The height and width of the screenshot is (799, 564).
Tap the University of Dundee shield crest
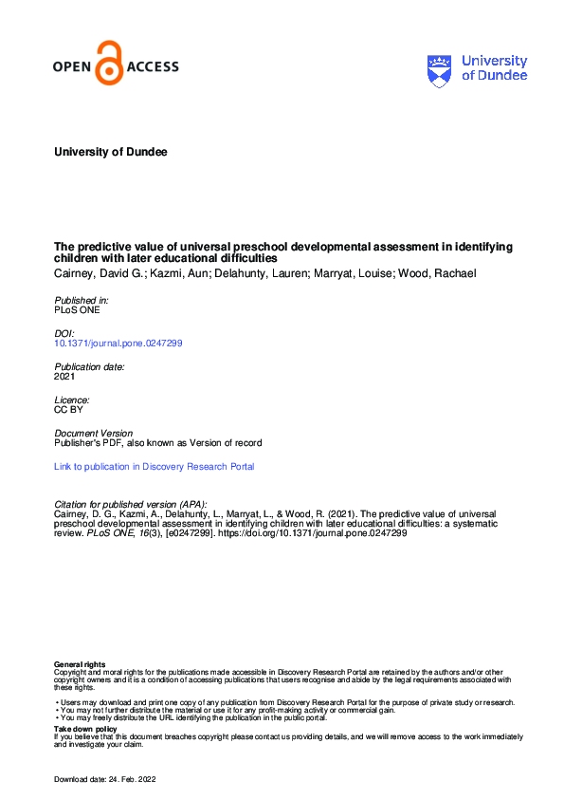coord(441,68)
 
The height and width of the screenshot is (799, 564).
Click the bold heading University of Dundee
coord(111,152)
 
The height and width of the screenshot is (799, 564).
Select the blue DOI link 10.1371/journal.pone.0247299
coord(118,343)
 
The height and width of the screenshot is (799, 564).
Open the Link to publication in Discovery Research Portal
coord(155,466)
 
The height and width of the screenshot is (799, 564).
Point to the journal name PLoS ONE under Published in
coord(77,309)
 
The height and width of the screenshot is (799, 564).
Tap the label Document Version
coord(93,433)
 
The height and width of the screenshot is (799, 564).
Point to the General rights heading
coord(81,664)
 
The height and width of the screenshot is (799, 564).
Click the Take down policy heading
coord(85,729)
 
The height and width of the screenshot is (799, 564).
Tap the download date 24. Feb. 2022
coord(132,779)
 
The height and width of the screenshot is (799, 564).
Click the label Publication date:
coord(90,366)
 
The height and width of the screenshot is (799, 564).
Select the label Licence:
coord(72,399)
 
